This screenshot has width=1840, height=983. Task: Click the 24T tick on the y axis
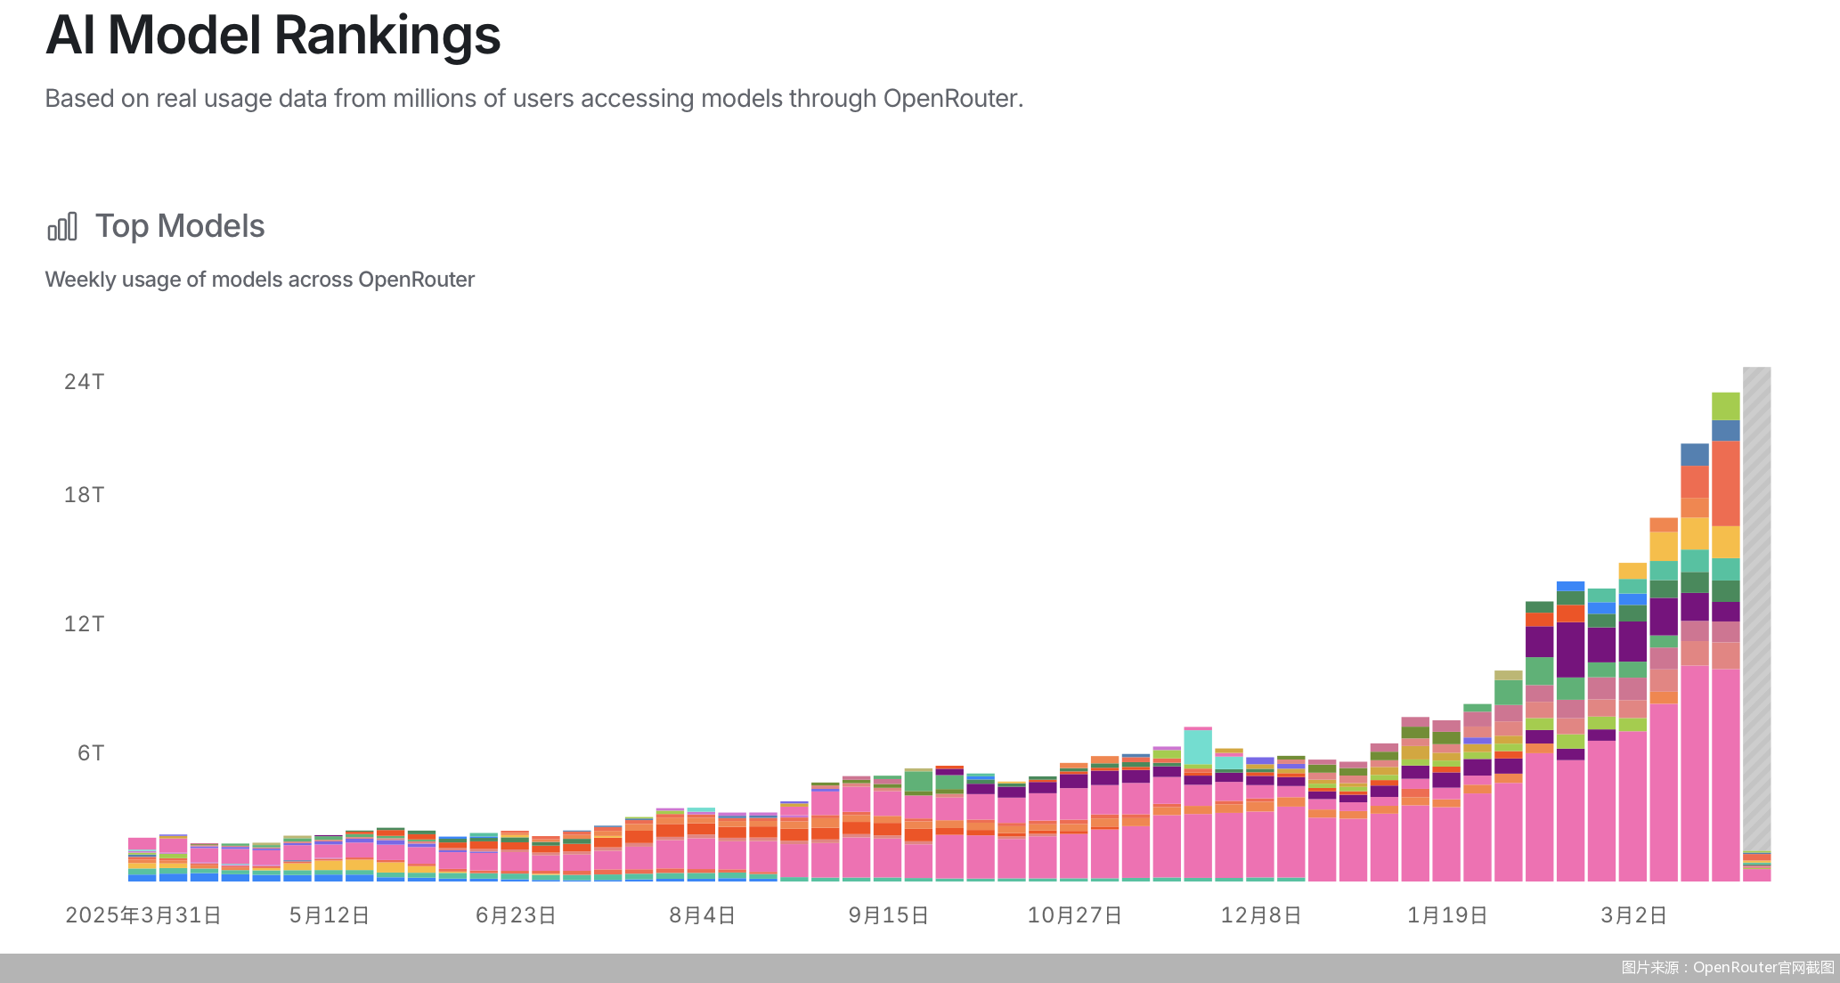84,382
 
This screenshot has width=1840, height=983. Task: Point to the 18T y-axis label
84,495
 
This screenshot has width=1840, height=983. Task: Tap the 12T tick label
84,624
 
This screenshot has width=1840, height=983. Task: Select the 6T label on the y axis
90,753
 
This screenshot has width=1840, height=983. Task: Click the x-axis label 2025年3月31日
143,915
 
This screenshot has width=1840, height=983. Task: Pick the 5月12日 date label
330,915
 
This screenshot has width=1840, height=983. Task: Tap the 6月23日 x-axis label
516,915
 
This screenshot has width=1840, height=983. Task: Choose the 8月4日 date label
703,915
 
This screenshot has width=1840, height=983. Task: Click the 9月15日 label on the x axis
889,915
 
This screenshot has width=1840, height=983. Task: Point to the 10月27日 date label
1075,915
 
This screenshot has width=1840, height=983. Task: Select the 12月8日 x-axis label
1261,915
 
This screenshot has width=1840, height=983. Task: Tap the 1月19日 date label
1447,915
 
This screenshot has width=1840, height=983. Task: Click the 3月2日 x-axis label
1633,915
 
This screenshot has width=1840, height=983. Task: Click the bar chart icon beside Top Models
62,227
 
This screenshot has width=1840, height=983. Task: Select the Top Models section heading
180,226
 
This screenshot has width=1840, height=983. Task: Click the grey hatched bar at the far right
1756,605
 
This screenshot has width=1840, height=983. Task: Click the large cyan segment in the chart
1198,746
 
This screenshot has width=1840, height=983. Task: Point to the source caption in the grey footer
1727,968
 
